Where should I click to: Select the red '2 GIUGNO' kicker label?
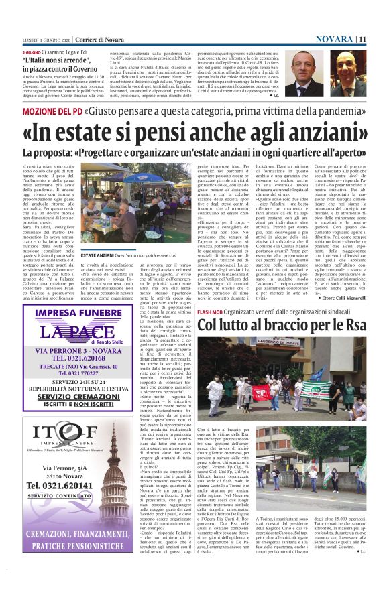pos(32,52)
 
